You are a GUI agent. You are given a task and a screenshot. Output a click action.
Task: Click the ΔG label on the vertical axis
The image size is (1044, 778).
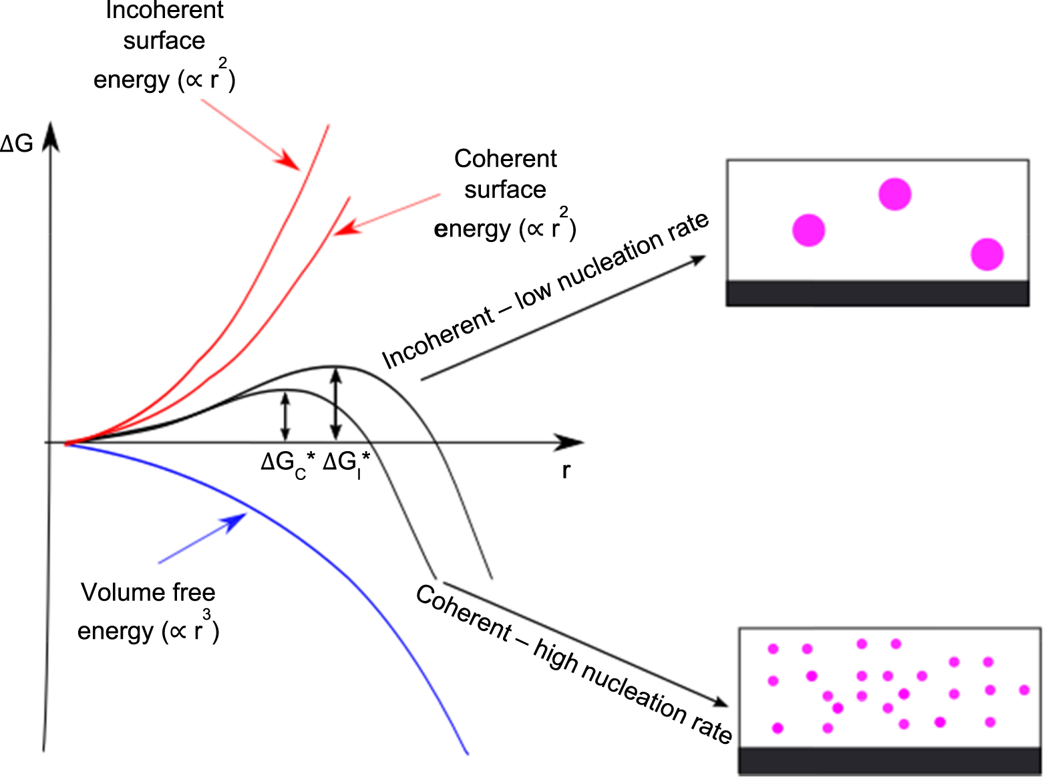16,143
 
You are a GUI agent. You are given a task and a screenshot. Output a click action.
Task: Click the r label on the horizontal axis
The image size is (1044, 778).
566,471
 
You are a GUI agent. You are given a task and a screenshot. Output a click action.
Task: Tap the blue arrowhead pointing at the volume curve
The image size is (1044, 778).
236,521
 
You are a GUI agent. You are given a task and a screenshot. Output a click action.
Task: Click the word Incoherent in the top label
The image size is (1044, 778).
164,11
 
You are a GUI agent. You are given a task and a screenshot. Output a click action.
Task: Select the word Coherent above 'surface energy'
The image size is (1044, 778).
505,159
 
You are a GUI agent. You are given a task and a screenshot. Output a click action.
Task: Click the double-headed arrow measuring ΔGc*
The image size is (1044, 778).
285,416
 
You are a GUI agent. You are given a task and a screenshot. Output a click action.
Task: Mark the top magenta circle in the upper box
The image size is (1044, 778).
894,194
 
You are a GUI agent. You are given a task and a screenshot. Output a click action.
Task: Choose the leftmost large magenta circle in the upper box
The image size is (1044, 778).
808,231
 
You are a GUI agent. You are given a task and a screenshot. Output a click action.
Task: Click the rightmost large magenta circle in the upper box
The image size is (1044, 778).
987,254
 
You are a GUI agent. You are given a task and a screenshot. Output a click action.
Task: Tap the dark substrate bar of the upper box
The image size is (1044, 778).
877,293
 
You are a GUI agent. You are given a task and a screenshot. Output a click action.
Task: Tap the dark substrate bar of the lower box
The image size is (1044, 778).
889,761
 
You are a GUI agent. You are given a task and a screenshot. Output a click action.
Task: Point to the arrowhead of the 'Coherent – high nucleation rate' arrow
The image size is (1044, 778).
721,702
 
